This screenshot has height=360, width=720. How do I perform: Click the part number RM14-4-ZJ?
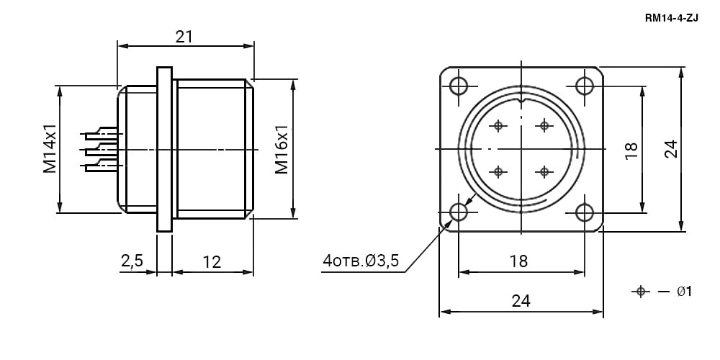click(x=671, y=19)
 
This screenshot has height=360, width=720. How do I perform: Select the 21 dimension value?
click(x=184, y=37)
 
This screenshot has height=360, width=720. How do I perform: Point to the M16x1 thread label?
click(x=282, y=149)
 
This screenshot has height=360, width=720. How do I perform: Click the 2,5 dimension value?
click(x=132, y=261)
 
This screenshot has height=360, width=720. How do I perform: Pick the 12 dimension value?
click(x=212, y=262)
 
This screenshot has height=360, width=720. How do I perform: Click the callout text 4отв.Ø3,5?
click(x=361, y=261)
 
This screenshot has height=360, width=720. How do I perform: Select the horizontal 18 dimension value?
click(x=519, y=261)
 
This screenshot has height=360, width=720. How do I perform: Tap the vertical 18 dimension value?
click(x=631, y=150)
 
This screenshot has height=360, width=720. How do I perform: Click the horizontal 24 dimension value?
click(x=521, y=301)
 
